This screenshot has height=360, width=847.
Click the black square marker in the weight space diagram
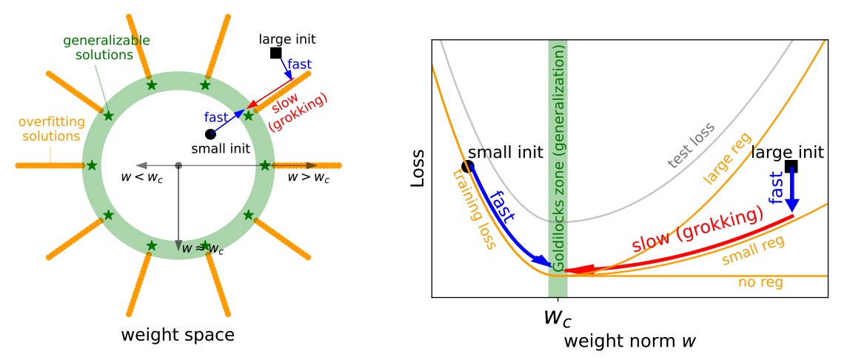275,53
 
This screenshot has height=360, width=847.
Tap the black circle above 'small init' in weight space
210,134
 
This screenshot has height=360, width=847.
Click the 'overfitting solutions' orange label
50,128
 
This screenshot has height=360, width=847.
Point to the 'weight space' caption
178,335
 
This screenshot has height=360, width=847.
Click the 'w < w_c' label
142,177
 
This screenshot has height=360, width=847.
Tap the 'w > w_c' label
308,177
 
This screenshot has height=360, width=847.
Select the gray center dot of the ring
178,164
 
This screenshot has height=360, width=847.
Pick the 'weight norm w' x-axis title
629,341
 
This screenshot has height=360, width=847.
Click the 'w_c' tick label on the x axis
557,316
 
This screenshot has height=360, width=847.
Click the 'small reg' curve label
753,250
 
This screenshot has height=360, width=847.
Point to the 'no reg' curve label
760,282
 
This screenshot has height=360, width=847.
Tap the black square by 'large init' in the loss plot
791,167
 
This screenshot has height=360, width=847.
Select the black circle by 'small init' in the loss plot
468,167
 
